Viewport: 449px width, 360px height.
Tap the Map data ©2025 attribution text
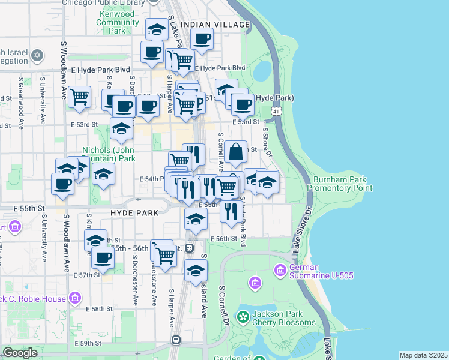pos(423,355)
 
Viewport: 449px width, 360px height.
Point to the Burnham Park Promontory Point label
pos(340,184)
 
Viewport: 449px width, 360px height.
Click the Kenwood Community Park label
pos(118,22)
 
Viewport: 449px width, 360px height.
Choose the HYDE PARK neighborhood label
pos(134,212)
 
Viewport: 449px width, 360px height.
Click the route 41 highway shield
pos(276,112)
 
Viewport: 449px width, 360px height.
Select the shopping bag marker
pos(237,152)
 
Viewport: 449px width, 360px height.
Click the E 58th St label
pos(100,309)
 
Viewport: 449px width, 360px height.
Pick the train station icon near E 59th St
pos(176,340)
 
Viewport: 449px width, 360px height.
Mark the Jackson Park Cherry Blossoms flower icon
pos(243,317)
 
